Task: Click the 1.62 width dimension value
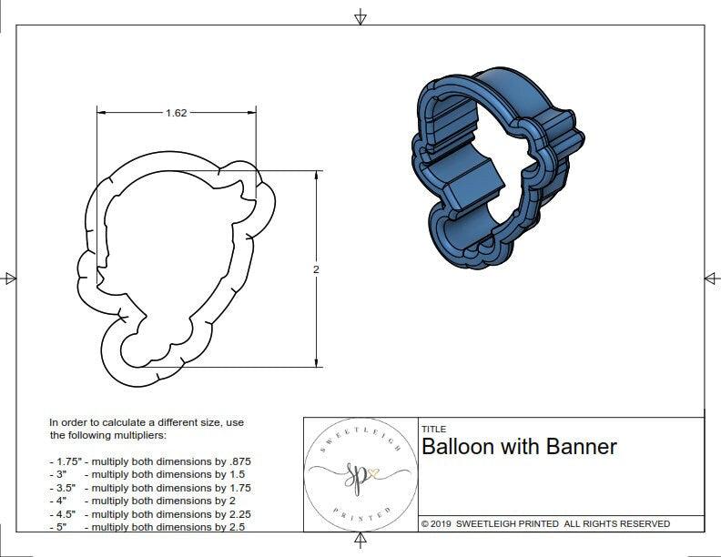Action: pos(177,113)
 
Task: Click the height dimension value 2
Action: pos(316,269)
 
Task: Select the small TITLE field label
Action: pos(433,429)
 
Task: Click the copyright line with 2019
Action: pos(545,523)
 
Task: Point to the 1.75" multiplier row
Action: pos(150,461)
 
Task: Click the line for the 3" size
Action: pos(150,474)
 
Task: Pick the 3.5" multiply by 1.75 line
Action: pos(150,488)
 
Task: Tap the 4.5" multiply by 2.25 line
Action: pos(150,513)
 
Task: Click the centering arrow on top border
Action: pos(360,16)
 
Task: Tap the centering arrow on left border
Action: pos(10,278)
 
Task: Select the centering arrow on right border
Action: pos(711,278)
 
